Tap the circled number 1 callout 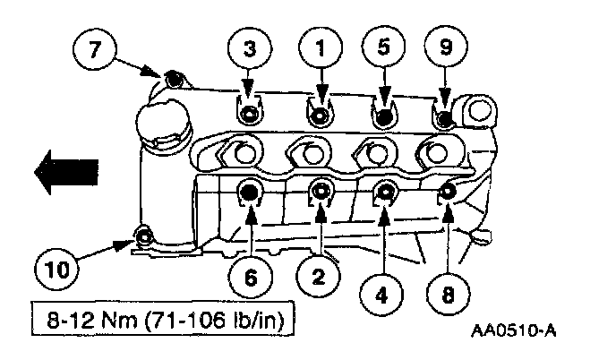pyautogui.click(x=317, y=48)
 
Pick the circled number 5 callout pyautogui.click(x=382, y=48)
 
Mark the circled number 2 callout pyautogui.click(x=317, y=277)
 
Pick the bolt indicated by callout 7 pyautogui.click(x=174, y=81)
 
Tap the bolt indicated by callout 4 pyautogui.click(x=386, y=190)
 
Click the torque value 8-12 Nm pyautogui.click(x=86, y=318)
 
